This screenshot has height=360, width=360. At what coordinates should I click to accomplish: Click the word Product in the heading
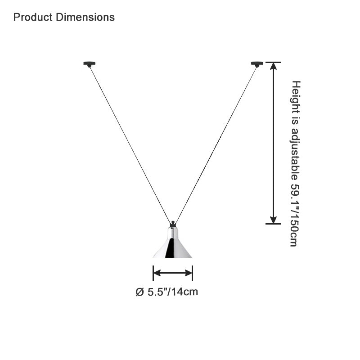[x=33, y=17]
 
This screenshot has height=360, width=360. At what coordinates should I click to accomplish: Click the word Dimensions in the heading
[x=85, y=17]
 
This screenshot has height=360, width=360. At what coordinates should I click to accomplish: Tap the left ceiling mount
[x=89, y=64]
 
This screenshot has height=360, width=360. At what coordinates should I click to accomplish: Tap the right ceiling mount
[x=257, y=64]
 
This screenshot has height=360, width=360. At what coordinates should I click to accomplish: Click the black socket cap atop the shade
[x=173, y=224]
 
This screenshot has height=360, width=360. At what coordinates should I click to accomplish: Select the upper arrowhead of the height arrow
[x=273, y=66]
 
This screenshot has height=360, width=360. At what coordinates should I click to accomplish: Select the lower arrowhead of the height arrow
[x=273, y=220]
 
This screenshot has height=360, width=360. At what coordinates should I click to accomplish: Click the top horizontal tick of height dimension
[x=273, y=62]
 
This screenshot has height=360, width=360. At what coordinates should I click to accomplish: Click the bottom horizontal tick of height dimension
[x=273, y=224]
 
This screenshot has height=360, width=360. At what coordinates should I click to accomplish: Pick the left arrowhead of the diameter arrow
[x=157, y=273]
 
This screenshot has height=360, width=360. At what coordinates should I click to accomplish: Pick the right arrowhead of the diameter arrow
[x=189, y=273]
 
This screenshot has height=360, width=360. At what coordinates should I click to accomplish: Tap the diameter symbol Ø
[x=139, y=292]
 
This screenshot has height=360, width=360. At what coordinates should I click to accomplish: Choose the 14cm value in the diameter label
[x=184, y=292]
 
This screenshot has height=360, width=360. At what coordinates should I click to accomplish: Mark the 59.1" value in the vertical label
[x=295, y=195]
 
